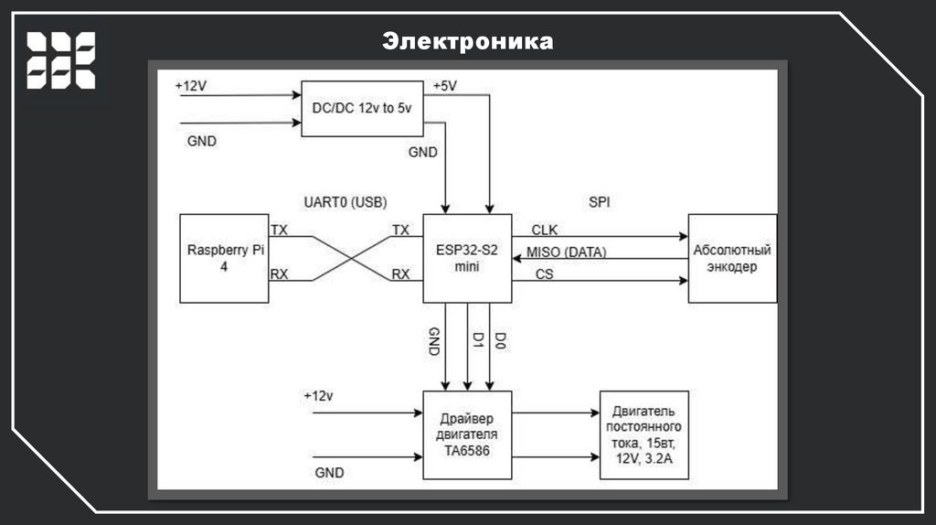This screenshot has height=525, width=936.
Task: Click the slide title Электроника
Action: pos(467,41)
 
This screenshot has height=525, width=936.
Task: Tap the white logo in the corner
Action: pos(60,59)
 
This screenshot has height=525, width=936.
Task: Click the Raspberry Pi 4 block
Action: pos(224,258)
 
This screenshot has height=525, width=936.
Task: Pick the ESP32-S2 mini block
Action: pos(466,258)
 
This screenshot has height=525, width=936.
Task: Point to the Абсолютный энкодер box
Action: pos(732,258)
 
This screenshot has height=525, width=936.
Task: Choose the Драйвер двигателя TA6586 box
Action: pos(466,434)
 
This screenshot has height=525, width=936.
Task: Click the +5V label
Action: pos(444,86)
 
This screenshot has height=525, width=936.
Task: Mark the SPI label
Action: pos(600,200)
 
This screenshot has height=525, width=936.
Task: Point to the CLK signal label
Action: pos(544,229)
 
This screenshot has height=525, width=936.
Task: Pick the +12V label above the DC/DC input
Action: pos(191,86)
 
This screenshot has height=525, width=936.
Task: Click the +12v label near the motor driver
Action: pos(319,396)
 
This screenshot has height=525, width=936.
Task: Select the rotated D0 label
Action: pos(501,341)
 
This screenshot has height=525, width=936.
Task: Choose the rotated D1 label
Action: pos(477,341)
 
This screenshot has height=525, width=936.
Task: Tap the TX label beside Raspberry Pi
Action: pos(280,230)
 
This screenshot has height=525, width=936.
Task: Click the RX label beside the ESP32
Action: pos(400,273)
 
